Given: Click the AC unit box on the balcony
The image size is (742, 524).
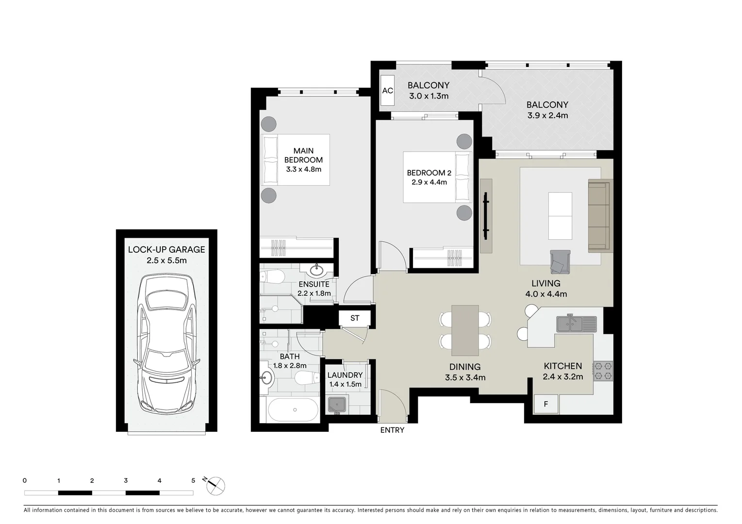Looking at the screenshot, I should [x=387, y=91].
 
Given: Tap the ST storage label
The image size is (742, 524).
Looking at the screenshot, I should [x=355, y=318].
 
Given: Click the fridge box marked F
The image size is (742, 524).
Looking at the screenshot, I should [x=546, y=404].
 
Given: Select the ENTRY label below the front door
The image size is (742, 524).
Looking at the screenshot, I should [x=392, y=430].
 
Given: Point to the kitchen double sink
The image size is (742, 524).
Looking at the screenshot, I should [x=576, y=324].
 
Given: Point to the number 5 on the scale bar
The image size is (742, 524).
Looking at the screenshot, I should [x=193, y=481].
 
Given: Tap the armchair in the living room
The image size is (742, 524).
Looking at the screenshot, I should [x=560, y=262].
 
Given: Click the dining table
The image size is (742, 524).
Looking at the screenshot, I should [x=465, y=330].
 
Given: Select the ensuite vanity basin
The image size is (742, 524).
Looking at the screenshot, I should [x=318, y=269].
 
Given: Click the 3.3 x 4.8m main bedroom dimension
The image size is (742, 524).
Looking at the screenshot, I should [x=303, y=169].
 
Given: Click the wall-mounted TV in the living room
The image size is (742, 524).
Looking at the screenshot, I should [x=486, y=216].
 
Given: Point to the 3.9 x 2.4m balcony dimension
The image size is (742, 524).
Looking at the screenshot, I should [x=547, y=115].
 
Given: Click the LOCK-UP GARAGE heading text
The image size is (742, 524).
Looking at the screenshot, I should [x=166, y=250].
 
